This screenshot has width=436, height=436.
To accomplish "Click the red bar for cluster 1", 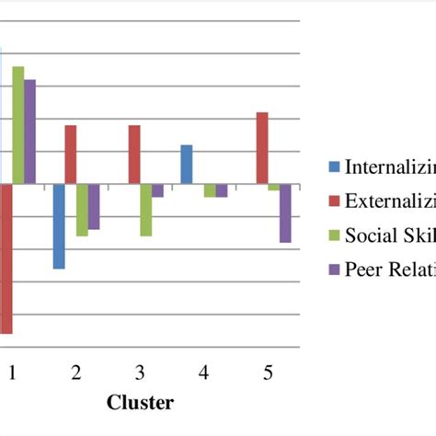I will point(6,258).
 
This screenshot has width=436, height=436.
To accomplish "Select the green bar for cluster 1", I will point(17,125).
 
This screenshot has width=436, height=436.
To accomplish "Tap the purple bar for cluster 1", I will point(29,132).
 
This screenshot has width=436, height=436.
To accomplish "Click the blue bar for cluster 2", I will point(59,226).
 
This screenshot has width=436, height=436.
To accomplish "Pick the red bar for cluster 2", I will point(71,155).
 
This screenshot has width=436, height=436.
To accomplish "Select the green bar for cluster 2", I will point(82,210).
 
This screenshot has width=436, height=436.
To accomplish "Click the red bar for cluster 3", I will point(134,155).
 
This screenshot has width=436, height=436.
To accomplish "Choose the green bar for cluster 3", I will point(145,210).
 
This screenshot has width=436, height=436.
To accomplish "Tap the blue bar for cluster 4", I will point(187,165).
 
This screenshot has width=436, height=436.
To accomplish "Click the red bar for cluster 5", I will point(262,148).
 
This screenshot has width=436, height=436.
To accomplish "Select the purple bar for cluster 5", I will point(285,212).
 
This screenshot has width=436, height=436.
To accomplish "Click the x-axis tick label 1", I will point(12,373).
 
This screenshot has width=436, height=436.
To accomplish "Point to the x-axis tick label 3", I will point(139,373).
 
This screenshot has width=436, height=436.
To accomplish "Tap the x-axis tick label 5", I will point(268,373).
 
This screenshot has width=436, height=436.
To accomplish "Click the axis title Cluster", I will point(140,402).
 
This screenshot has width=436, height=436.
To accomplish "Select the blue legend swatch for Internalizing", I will point(334,166).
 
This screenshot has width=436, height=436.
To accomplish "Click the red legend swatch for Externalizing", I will point(334,201).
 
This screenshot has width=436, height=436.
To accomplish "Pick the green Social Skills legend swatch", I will point(334,235).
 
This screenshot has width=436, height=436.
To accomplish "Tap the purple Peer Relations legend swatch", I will point(334,269).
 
